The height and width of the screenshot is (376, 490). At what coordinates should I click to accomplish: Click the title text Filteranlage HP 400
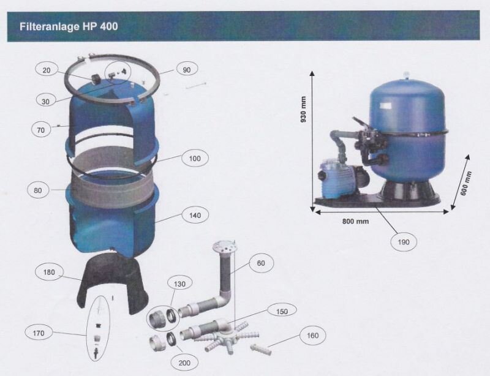tap(69, 26)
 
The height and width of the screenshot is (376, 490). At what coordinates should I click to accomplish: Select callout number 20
tap(47, 70)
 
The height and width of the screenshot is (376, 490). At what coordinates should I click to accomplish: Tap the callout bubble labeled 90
tap(187, 70)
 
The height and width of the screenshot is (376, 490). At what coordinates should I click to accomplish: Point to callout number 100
tap(195, 159)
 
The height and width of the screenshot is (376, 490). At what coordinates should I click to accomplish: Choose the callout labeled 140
tap(195, 216)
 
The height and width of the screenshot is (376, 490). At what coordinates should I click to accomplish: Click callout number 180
tap(49, 273)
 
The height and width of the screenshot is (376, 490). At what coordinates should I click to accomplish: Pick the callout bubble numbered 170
tap(39, 333)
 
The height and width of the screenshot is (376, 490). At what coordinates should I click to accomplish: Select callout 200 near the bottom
tap(184, 363)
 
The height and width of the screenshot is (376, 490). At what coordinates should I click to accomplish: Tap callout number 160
tap(312, 336)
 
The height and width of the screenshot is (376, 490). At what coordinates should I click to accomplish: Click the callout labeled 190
tap(404, 242)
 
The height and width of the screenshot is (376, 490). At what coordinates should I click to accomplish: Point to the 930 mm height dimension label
tap(303, 110)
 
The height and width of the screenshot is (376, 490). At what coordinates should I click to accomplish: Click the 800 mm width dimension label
tap(355, 222)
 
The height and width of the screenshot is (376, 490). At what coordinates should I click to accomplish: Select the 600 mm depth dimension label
tap(466, 183)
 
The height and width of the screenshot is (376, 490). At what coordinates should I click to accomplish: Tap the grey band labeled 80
tap(113, 187)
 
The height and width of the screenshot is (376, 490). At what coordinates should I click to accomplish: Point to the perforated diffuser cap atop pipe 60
tap(224, 247)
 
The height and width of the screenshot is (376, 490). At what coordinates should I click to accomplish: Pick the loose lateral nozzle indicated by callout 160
tap(261, 349)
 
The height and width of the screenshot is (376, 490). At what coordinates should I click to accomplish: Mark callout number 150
tap(282, 312)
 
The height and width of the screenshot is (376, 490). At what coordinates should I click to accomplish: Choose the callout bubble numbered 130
tap(179, 284)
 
